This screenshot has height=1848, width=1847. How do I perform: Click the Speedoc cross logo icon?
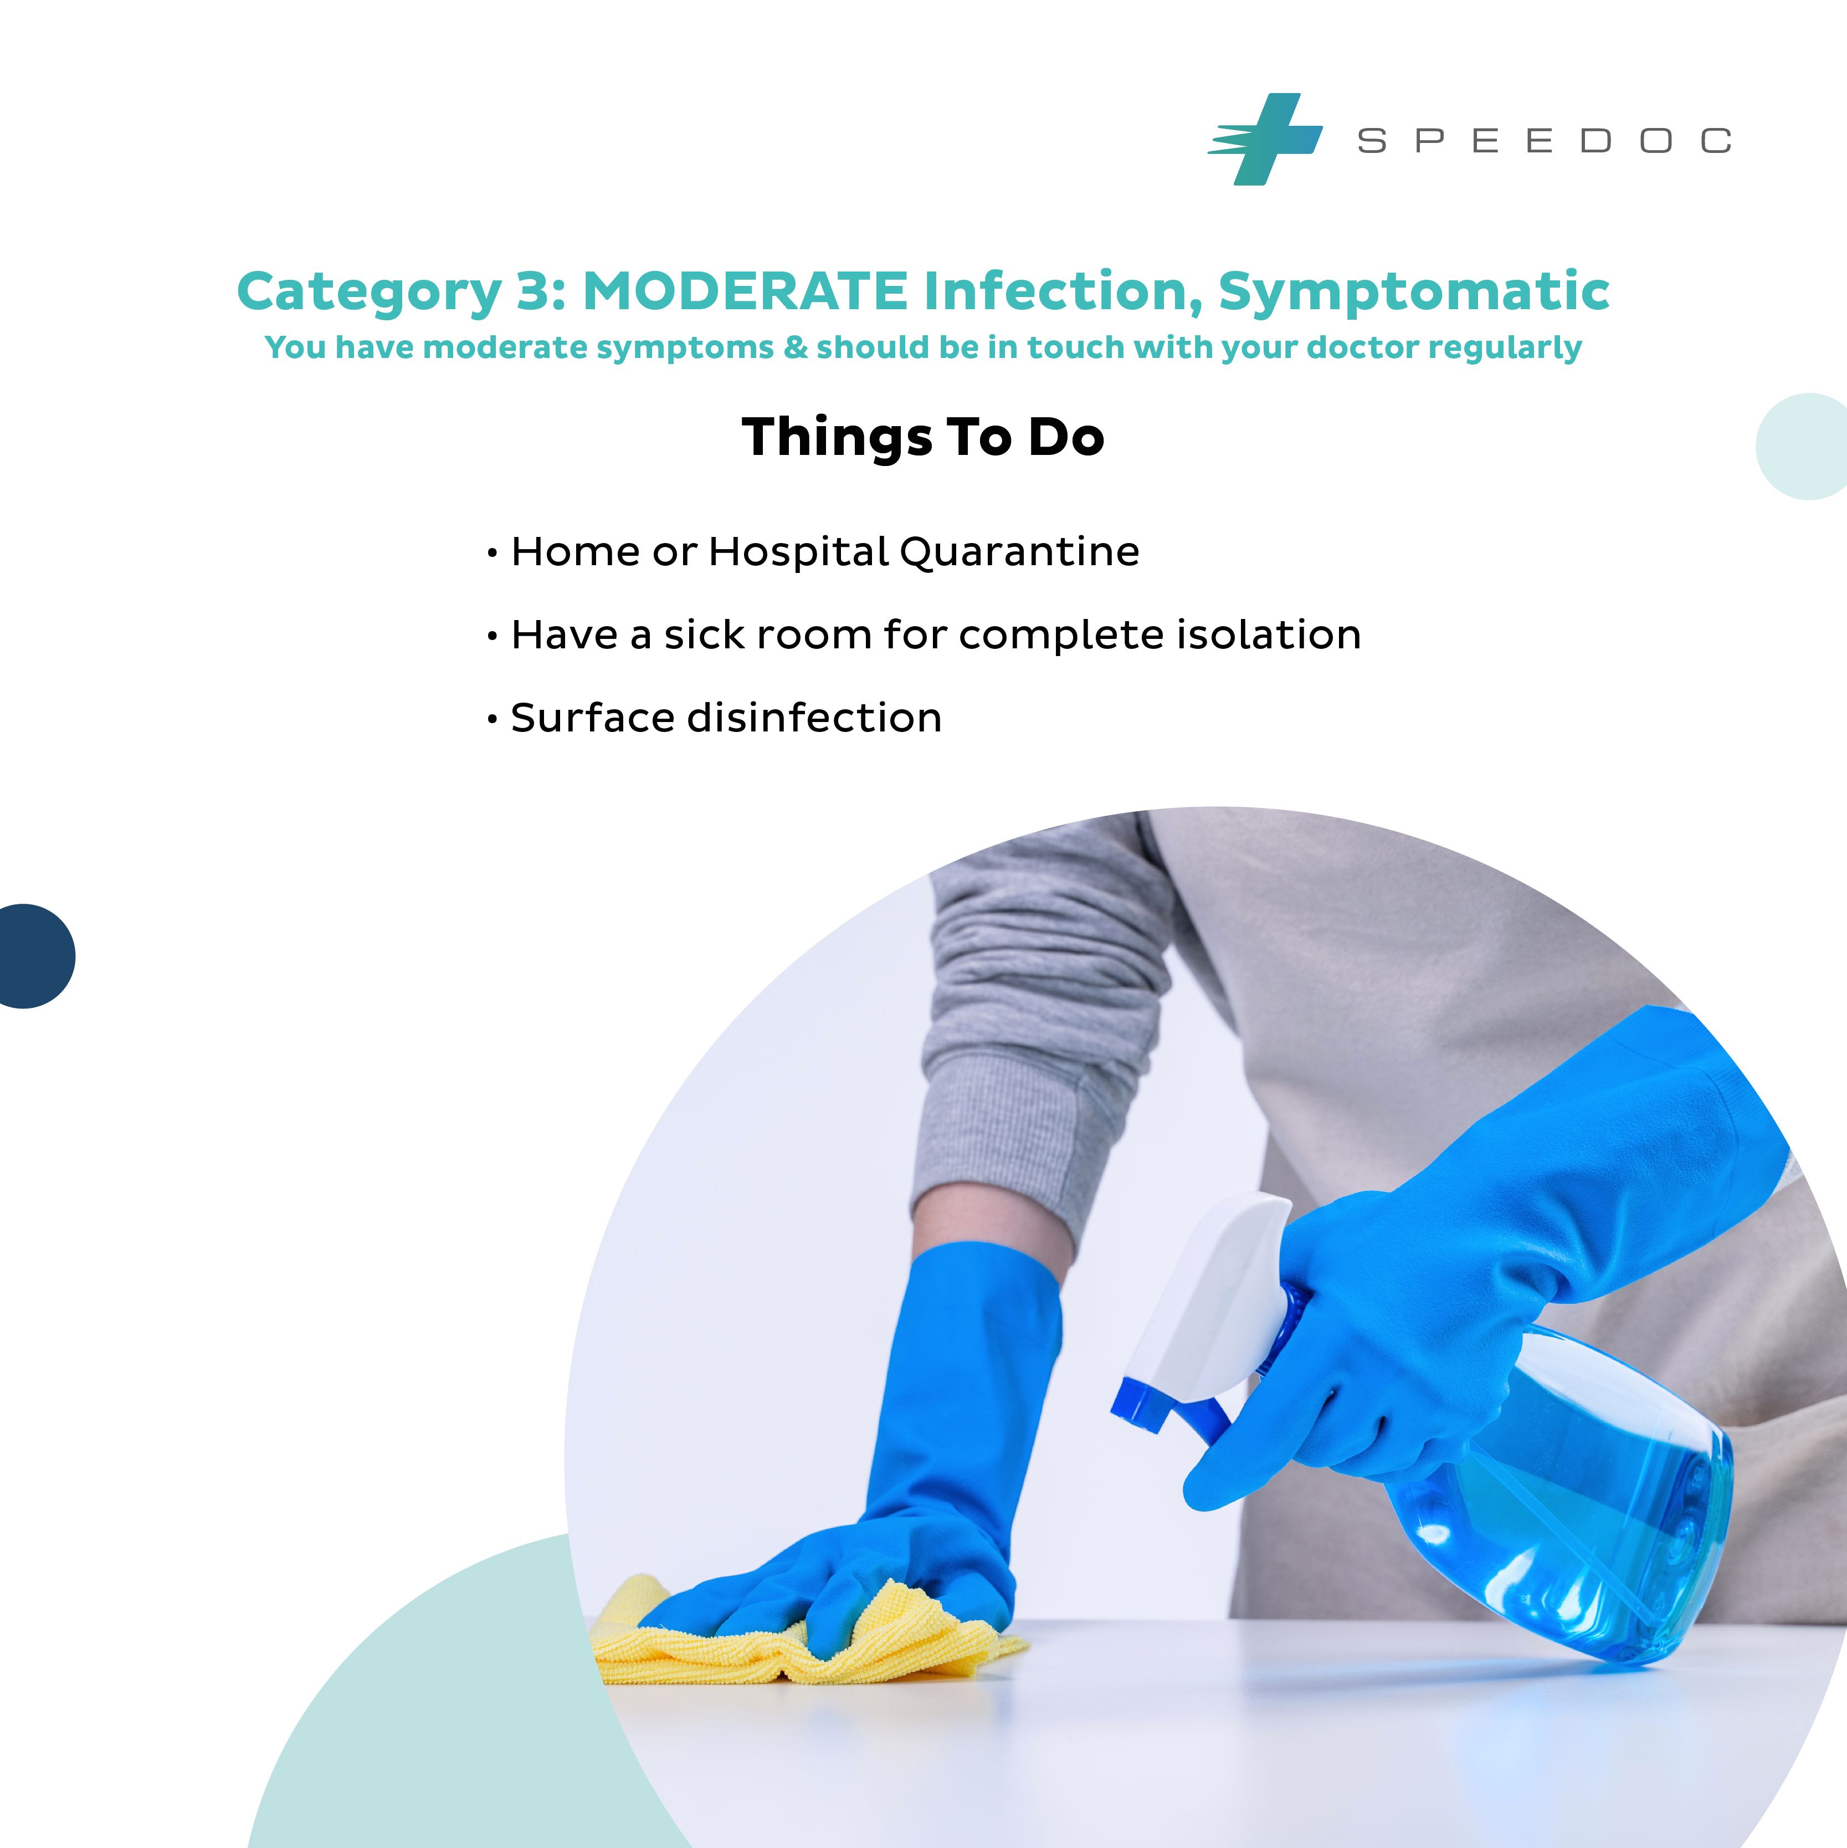(x=1265, y=139)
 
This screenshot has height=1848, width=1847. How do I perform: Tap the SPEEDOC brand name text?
(x=1544, y=141)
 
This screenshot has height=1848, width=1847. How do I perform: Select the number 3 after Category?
(x=533, y=291)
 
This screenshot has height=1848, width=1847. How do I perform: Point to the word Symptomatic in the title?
(x=1414, y=291)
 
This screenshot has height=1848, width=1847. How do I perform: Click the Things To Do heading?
(x=923, y=437)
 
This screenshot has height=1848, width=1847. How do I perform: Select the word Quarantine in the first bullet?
(x=1020, y=552)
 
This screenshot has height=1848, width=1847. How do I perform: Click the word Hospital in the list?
(x=799, y=552)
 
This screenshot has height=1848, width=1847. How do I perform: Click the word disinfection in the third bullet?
(x=815, y=718)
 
